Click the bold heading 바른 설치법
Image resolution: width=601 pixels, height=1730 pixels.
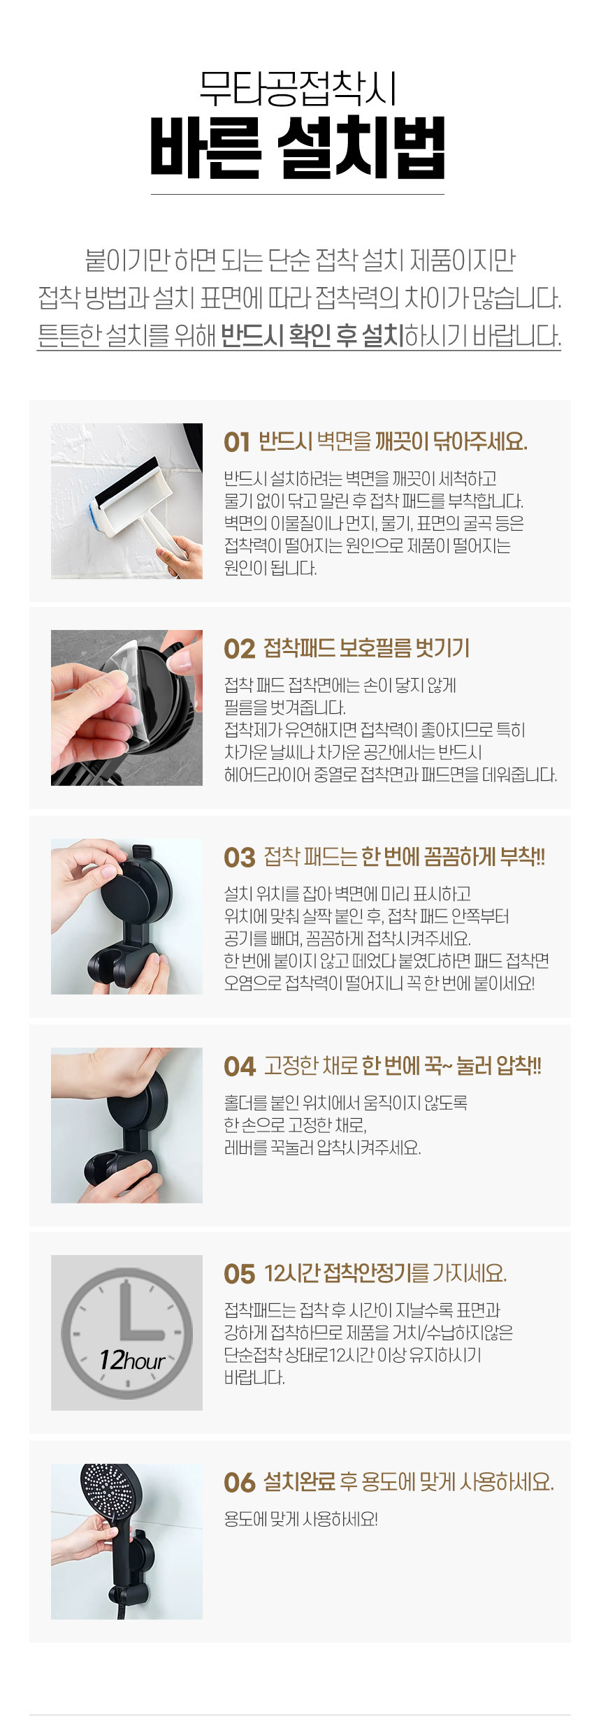(298, 147)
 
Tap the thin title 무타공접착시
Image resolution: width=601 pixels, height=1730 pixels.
(298, 89)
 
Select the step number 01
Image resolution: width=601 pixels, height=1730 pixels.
(237, 442)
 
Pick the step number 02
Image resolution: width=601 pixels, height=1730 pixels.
(239, 649)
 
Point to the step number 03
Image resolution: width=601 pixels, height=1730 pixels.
(240, 858)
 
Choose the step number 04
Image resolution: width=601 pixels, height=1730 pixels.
(240, 1066)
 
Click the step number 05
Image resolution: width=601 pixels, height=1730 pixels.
(240, 1274)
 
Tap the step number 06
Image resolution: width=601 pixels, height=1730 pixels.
(240, 1482)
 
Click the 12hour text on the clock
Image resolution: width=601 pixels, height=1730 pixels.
(132, 1360)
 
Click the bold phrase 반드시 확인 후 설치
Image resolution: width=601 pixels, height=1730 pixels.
(312, 336)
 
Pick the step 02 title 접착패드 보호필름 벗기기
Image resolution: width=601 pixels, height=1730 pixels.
(366, 649)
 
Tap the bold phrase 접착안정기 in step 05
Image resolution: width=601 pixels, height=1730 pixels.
(367, 1274)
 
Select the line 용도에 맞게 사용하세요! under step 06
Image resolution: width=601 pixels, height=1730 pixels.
(300, 1519)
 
